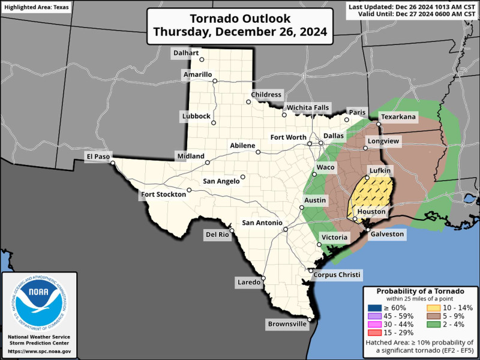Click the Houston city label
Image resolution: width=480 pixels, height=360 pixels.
coord(372,212)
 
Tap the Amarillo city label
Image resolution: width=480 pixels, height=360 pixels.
coord(197,74)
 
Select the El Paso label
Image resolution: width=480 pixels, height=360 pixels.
coord(98,157)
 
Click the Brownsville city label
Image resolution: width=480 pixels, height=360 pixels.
coord(287,325)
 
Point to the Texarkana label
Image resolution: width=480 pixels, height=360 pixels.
coord(398,117)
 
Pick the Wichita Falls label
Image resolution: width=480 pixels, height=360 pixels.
coord(308,107)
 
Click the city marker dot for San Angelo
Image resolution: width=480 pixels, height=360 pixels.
coord(243,177)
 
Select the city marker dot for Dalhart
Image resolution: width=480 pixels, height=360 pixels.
coord(202,59)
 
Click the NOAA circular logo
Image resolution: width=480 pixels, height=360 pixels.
coord(39,303)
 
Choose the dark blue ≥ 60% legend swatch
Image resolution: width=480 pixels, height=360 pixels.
coord(373,307)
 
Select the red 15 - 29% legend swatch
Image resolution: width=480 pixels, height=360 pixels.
coord(373,332)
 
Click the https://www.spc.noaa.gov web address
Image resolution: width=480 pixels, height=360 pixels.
coord(40,351)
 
